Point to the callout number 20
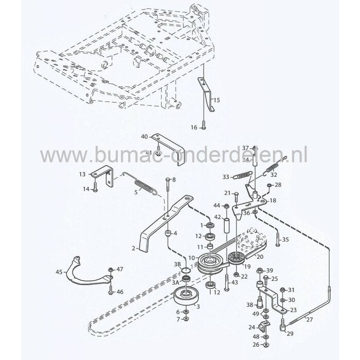coord(260,256)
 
